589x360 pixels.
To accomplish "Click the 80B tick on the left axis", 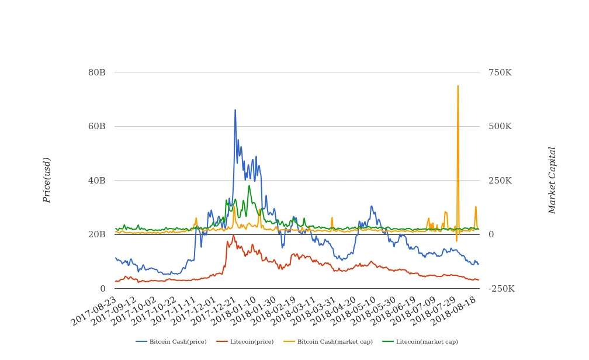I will click(96, 72).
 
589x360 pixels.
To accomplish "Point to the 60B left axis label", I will click(96, 126).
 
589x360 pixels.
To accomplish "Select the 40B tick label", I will click(96, 181).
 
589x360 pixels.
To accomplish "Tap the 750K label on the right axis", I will click(500, 72).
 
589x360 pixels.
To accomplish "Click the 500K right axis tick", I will click(500, 126).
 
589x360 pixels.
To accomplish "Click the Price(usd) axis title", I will click(47, 180).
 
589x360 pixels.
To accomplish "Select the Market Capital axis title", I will click(552, 180).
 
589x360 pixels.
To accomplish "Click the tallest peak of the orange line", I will click(458, 86).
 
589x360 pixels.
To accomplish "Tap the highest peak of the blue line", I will click(235, 110).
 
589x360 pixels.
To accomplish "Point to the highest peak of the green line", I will click(249, 186).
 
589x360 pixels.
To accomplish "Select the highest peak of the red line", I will click(234, 236).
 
